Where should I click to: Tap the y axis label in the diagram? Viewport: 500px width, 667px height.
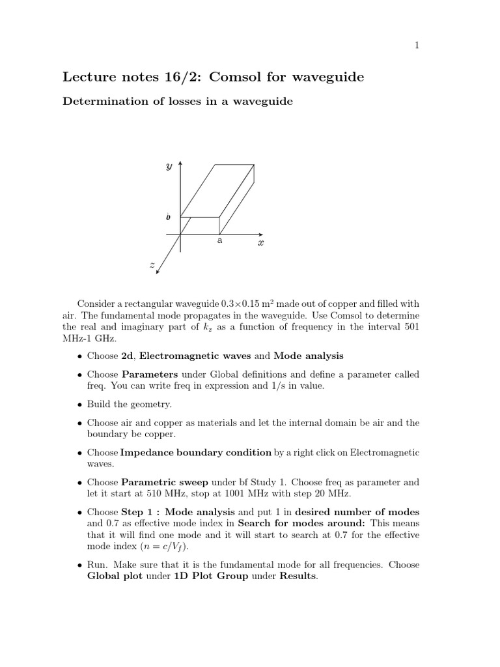(169, 167)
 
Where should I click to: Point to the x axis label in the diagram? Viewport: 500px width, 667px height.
(260, 242)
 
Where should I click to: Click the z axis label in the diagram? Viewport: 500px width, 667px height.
(152, 264)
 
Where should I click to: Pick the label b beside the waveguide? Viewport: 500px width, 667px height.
(169, 216)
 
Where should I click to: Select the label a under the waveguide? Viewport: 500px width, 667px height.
(219, 240)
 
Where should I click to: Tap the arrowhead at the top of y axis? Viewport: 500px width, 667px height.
(180, 163)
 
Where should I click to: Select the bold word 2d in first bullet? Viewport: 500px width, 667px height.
(128, 356)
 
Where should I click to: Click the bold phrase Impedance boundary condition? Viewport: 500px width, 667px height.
(196, 452)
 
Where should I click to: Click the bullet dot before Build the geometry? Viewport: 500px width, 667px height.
(79, 404)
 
